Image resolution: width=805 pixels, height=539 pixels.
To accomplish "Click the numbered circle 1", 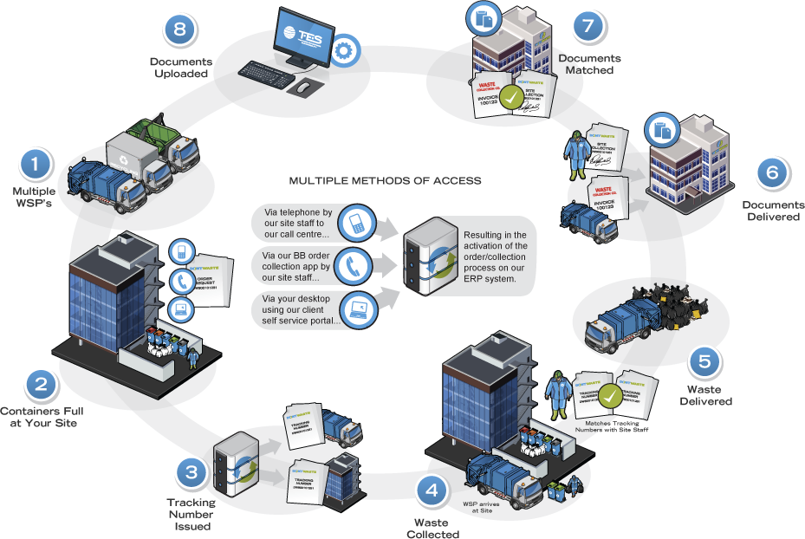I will point(36,164).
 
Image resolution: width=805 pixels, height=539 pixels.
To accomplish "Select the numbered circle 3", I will point(190,473).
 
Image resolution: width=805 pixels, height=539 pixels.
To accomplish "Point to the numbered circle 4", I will point(431,491).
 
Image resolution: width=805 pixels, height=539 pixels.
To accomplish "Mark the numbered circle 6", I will point(771,172).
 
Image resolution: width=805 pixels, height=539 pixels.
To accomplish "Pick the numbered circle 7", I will point(588,26).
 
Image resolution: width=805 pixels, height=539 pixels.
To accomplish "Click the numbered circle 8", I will point(179,30).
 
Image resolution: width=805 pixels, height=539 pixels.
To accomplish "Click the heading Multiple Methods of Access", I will point(385,181).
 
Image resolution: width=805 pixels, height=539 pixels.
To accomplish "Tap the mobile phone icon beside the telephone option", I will point(354,223).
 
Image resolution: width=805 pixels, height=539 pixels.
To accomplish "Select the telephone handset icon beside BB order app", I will point(354,266).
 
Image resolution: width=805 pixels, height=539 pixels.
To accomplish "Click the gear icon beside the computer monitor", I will point(346,49).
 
